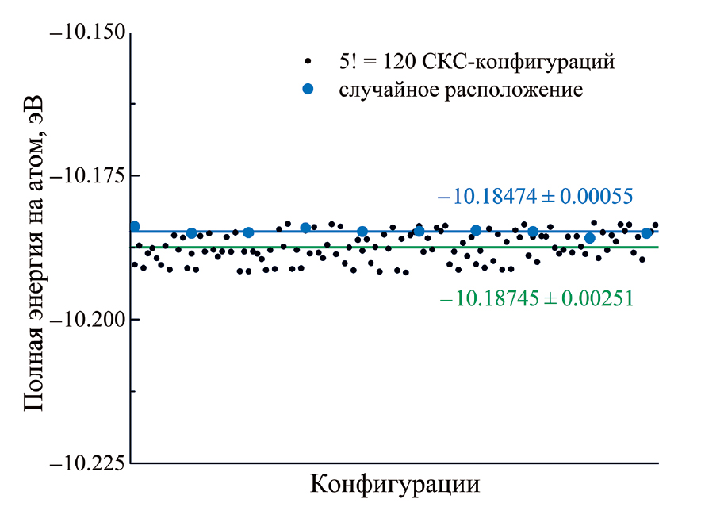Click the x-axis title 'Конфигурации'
click(x=395, y=483)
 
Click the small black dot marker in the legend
click(x=308, y=61)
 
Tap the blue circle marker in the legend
click(x=308, y=89)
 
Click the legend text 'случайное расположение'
click(x=462, y=89)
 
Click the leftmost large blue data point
click(x=135, y=227)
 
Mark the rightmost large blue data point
click(x=646, y=233)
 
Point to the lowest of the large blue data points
click(x=589, y=238)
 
